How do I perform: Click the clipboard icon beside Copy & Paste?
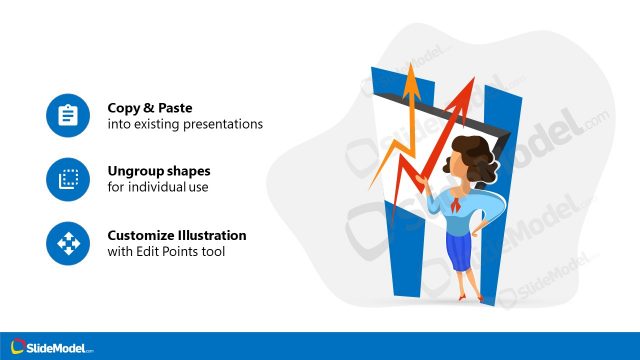click(68, 116)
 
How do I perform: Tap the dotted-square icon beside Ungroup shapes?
click(68, 179)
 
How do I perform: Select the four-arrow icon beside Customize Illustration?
click(68, 243)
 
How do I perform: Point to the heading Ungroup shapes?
click(159, 170)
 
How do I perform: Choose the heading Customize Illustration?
click(177, 235)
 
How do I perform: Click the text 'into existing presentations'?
click(185, 125)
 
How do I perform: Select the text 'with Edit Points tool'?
click(166, 252)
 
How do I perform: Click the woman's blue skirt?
click(462, 252)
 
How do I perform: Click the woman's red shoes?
click(463, 299)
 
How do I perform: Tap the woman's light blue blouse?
click(462, 214)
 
